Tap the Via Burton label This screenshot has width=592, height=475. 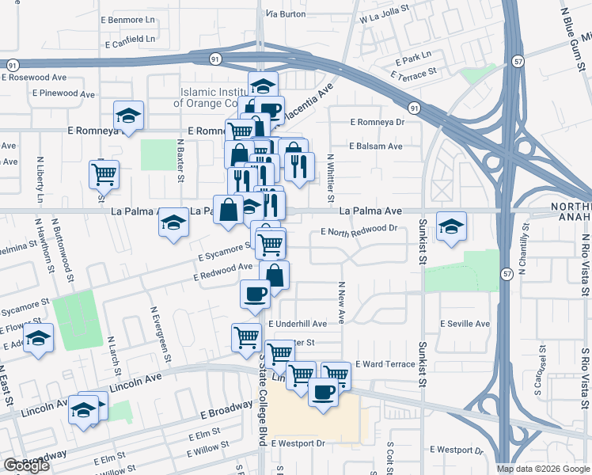(x=286, y=14)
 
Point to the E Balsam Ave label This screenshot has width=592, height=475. (x=377, y=146)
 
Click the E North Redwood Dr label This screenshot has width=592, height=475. (x=359, y=230)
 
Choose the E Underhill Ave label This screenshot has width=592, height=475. (x=298, y=324)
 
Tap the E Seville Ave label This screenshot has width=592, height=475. (x=465, y=324)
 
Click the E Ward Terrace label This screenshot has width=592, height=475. (x=385, y=364)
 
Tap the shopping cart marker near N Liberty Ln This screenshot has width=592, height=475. (x=104, y=173)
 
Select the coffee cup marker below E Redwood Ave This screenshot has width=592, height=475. (x=255, y=294)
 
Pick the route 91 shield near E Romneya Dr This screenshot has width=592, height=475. (x=414, y=107)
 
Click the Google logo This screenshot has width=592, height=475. (x=26, y=465)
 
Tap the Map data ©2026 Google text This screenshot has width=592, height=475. (x=542, y=469)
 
